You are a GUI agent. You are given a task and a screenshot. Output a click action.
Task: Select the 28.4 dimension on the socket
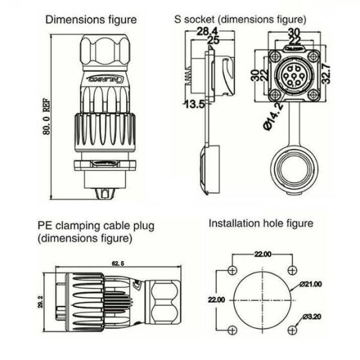[x=205, y=32]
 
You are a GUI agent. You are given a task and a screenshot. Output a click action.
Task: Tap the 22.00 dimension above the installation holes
[x=264, y=255]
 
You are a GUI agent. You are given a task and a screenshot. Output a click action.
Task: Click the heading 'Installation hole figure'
[x=260, y=224]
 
